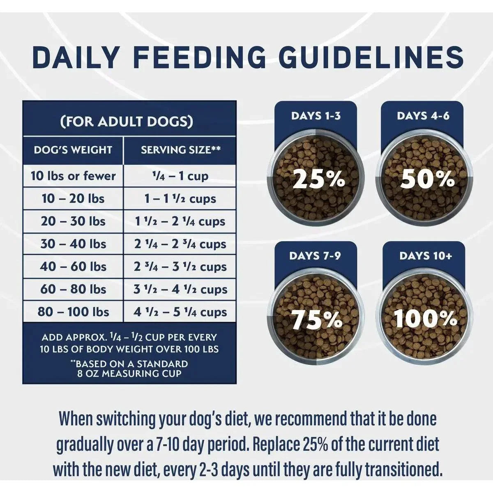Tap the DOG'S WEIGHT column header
point(73,150)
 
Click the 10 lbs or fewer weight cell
point(73,176)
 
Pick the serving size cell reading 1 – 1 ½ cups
point(180,199)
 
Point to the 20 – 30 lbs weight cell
point(73,221)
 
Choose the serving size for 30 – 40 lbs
point(180,244)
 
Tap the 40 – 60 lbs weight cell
point(73,267)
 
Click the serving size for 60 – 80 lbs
point(180,289)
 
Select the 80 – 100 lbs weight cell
point(73,312)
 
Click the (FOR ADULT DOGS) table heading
point(127,122)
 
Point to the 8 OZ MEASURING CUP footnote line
point(129,374)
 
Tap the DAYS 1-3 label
point(316,116)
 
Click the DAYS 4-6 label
point(423,116)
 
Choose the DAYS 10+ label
point(425,256)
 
